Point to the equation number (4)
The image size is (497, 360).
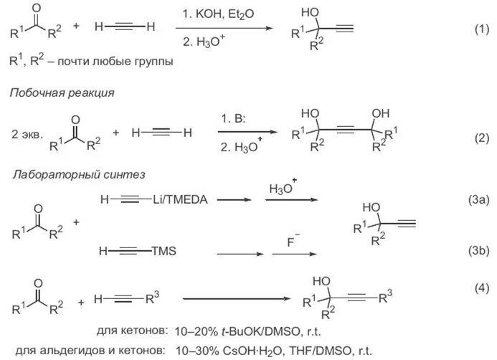(480, 288)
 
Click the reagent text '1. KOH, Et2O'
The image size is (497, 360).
(213, 14)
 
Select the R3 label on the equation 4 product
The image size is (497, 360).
(389, 294)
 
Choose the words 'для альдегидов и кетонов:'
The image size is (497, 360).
(85, 350)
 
